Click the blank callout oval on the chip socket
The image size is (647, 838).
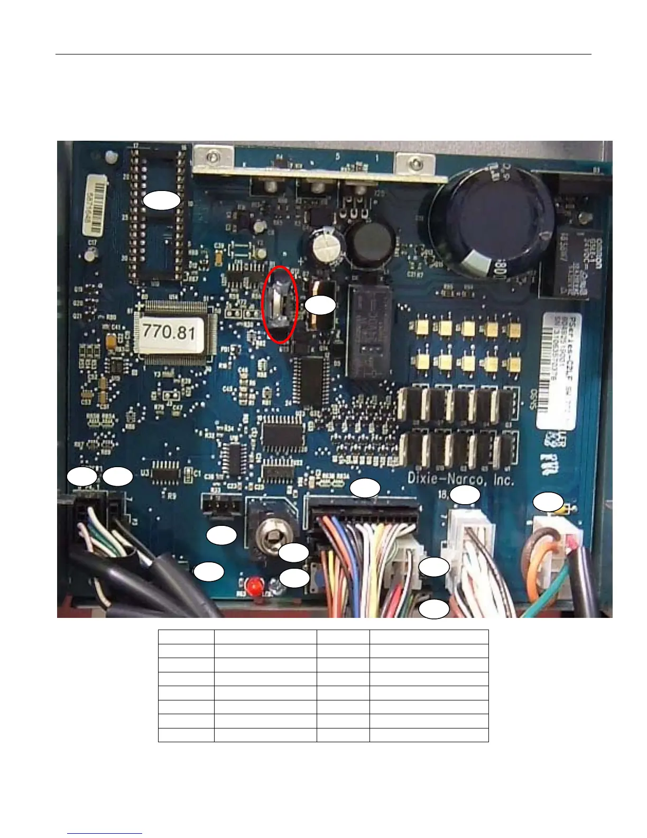[x=162, y=201]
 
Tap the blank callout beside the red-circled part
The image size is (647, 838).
[x=321, y=305]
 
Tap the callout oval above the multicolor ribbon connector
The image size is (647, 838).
[x=366, y=488]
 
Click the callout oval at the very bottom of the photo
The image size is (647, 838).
[x=434, y=609]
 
